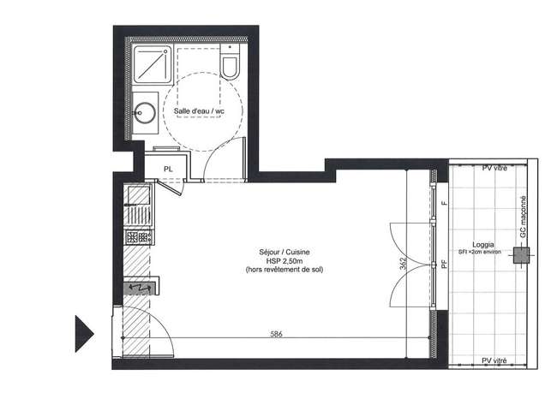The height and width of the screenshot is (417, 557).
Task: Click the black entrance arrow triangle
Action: [84, 334]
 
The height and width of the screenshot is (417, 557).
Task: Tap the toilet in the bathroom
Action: [230, 62]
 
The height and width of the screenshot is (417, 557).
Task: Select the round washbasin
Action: [144, 112]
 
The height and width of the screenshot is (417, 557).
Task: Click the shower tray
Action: [153, 64]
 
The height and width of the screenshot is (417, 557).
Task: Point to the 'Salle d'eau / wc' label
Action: [199, 111]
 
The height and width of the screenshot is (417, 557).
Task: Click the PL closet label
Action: [168, 170]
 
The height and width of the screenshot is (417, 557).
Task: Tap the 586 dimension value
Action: [276, 334]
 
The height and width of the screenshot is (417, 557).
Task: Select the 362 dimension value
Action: [404, 264]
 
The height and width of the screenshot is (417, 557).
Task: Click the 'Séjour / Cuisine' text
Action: [284, 252]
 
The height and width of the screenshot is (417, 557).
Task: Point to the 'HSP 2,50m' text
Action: [284, 261]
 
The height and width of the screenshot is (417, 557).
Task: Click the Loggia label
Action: [482, 245]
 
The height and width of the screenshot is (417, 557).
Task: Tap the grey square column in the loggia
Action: [521, 255]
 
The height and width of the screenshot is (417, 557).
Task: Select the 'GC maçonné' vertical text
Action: [523, 217]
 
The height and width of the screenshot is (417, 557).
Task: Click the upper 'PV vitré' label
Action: [494, 168]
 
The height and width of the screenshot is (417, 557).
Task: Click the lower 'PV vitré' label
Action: [494, 360]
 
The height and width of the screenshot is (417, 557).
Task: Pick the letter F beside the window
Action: [443, 203]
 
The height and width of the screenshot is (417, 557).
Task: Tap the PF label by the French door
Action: [443, 264]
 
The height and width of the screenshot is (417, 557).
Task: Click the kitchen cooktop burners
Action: [138, 236]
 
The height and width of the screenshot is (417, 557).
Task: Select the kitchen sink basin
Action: [139, 195]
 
